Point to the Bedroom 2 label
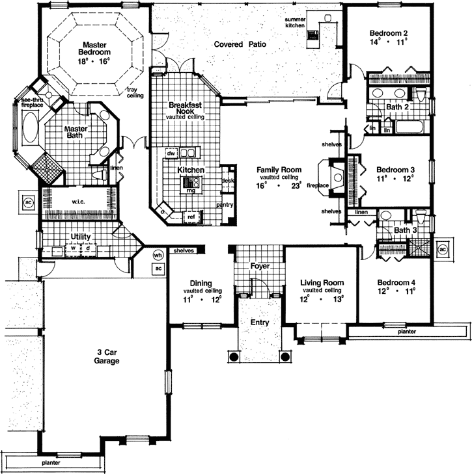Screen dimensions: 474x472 [389, 33]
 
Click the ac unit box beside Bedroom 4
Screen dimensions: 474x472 [443, 249]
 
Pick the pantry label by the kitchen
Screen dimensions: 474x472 [225, 204]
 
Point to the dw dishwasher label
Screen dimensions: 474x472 [171, 153]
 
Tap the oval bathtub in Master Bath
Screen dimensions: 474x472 [30, 127]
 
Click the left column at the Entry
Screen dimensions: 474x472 [232, 356]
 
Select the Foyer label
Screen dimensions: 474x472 [260, 267]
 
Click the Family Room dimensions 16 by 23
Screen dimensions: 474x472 [279, 185]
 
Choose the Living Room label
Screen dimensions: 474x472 [322, 283]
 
